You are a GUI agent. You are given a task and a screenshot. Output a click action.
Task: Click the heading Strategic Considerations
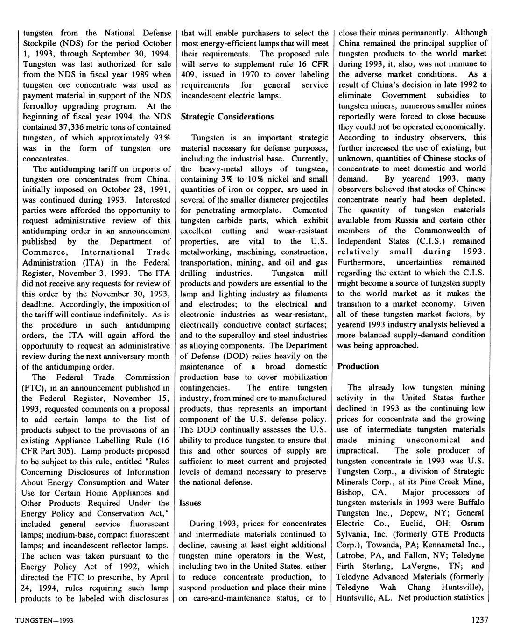pos(227,117)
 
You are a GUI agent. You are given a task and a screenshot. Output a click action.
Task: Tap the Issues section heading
pos(190,503)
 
